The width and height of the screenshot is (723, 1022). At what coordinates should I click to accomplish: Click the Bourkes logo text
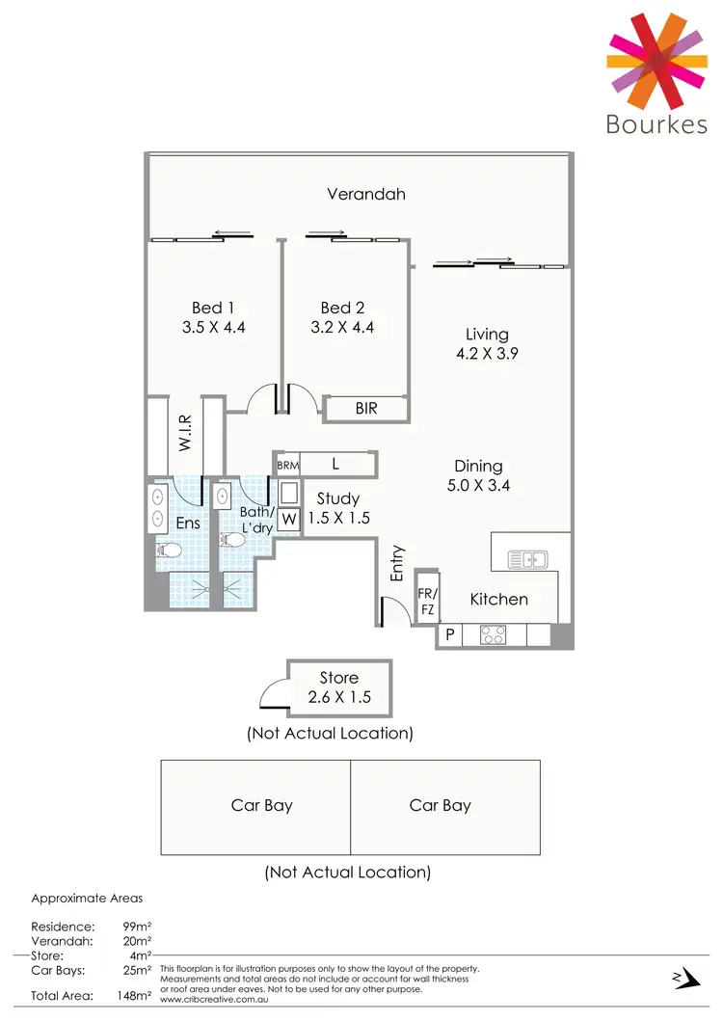[656, 124]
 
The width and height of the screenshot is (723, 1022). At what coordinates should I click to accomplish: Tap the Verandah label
[365, 194]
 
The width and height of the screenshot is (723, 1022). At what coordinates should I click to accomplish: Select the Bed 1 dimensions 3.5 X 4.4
[213, 327]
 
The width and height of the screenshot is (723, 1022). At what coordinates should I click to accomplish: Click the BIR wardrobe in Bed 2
[365, 409]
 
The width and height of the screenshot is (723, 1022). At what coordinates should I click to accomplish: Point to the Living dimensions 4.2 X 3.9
[487, 353]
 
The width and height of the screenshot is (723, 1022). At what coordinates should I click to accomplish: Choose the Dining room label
[478, 467]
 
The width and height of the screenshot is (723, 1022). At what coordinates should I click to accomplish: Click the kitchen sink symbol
[527, 558]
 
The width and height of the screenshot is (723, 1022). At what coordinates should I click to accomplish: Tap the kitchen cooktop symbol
[495, 634]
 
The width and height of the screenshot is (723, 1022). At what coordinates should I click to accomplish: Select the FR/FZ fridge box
[426, 601]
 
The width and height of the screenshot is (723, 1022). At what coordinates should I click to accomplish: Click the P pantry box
[448, 635]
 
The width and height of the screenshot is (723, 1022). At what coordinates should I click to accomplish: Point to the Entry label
[397, 564]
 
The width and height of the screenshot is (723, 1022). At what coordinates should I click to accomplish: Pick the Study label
[337, 498]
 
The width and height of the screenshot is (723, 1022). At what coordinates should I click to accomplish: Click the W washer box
[288, 520]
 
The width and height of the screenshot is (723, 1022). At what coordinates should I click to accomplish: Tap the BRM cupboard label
[287, 465]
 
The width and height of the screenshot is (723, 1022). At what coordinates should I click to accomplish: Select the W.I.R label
[186, 434]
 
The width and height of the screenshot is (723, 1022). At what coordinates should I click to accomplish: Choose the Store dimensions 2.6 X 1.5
[338, 697]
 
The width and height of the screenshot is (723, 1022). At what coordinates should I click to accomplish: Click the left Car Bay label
[261, 805]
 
